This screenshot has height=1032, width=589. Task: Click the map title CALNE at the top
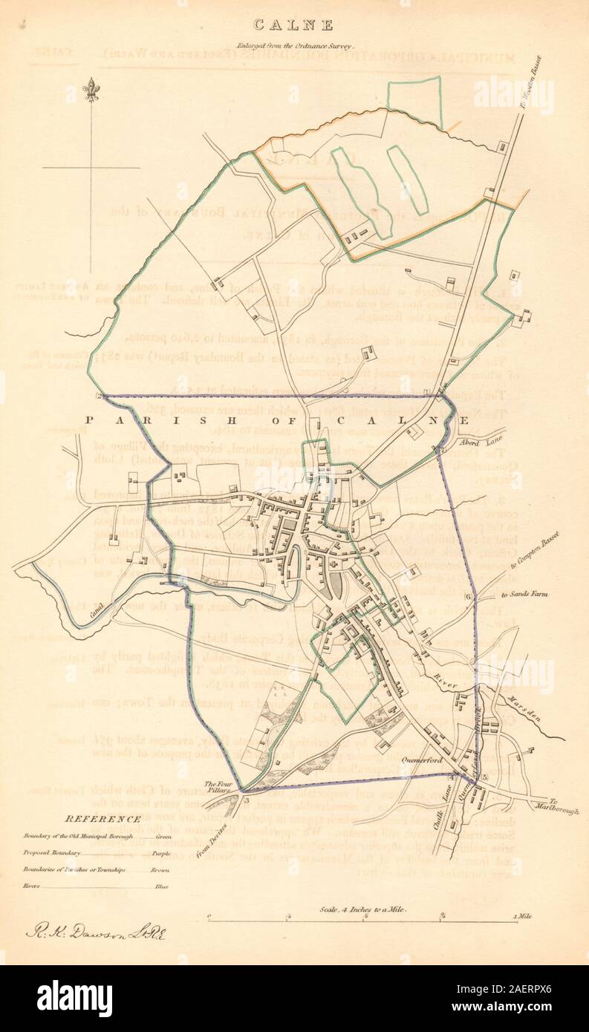[295, 25]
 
